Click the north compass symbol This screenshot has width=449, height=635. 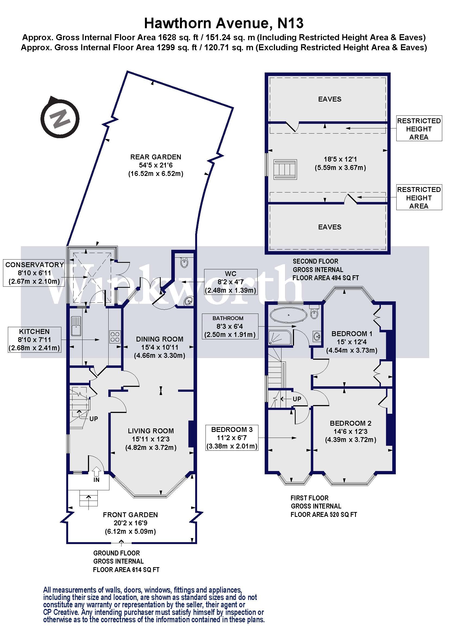60,117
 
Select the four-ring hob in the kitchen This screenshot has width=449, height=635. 115,337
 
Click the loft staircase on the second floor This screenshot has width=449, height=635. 285,169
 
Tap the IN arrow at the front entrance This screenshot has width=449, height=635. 96,471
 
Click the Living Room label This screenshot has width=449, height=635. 151,431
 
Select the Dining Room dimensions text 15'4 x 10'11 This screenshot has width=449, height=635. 160,347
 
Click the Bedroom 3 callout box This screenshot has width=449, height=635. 232,438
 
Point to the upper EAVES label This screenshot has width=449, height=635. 330,99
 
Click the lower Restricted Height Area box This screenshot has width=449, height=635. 419,198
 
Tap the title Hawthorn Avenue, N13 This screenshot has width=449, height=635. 224,23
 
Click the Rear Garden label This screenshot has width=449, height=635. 156,157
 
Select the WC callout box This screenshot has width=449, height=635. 230,282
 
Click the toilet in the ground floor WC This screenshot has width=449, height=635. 184,262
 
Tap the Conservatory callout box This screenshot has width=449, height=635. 34,273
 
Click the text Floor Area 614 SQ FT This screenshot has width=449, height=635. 126,570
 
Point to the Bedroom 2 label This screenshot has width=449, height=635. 350,423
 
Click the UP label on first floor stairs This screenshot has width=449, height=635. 297,399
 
